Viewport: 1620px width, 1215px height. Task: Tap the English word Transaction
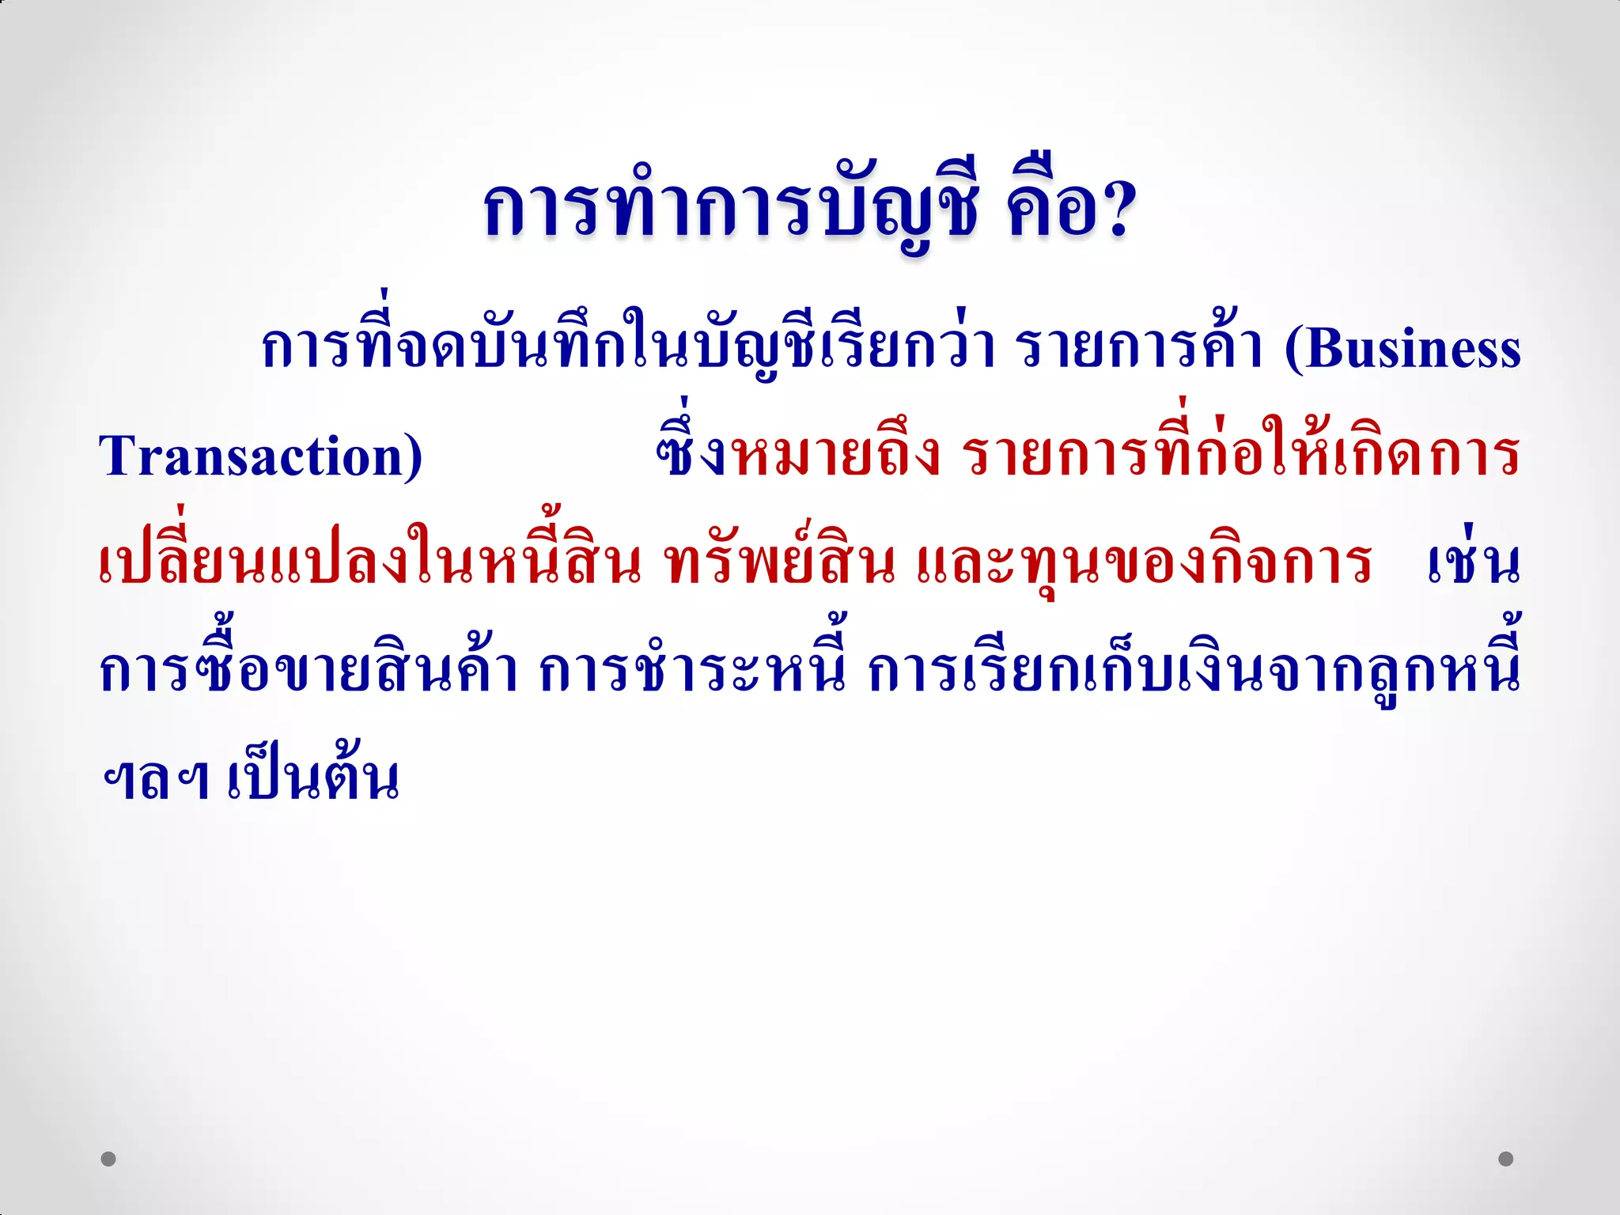pyautogui.click(x=251, y=456)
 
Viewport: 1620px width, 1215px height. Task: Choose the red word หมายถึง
pyautogui.click(x=835, y=455)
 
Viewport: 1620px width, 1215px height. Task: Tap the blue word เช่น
pyautogui.click(x=1474, y=562)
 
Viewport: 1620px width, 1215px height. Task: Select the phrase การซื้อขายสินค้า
pyautogui.click(x=308, y=671)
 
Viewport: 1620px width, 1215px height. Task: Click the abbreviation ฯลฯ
pyautogui.click(x=155, y=779)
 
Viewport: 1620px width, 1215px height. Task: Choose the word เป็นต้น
pyautogui.click(x=313, y=776)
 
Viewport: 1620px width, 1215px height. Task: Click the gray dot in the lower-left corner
pyautogui.click(x=108, y=1159)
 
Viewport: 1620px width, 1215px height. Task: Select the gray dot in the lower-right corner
pyautogui.click(x=1506, y=1159)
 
